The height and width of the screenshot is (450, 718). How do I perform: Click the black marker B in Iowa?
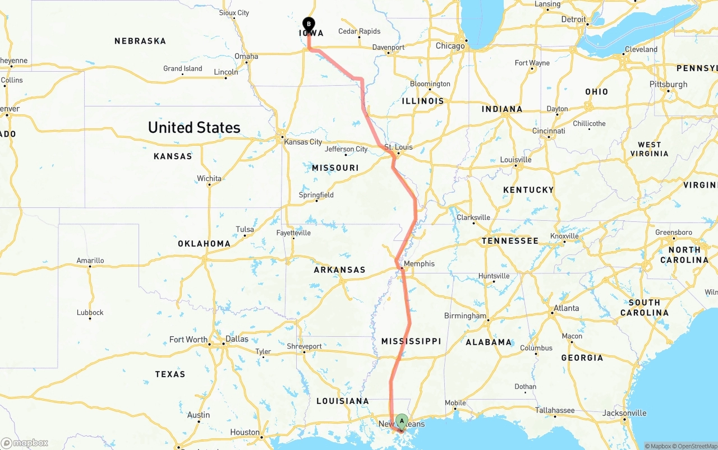click(x=309, y=24)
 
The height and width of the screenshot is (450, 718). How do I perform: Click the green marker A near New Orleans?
click(x=402, y=421)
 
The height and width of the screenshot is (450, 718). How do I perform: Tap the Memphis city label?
click(x=419, y=263)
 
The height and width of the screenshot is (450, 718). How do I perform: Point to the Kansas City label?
click(x=303, y=142)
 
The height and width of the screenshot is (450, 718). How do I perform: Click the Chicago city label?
click(x=450, y=45)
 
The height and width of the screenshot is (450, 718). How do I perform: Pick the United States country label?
click(x=194, y=128)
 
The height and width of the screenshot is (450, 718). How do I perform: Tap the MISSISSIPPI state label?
click(x=411, y=341)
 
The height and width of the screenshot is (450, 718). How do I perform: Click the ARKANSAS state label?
click(x=339, y=270)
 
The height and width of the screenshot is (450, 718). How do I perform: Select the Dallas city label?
click(x=237, y=339)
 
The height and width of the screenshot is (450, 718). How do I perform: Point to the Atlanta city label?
click(x=566, y=308)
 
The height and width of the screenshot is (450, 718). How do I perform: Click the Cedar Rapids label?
click(x=359, y=31)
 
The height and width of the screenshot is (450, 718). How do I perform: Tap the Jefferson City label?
click(x=346, y=149)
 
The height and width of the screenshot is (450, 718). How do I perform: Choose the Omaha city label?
click(x=246, y=56)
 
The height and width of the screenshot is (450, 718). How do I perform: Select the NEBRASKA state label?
click(x=140, y=41)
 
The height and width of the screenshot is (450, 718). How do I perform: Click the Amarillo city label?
click(x=90, y=261)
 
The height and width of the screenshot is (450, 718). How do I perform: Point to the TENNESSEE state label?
click(x=510, y=240)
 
